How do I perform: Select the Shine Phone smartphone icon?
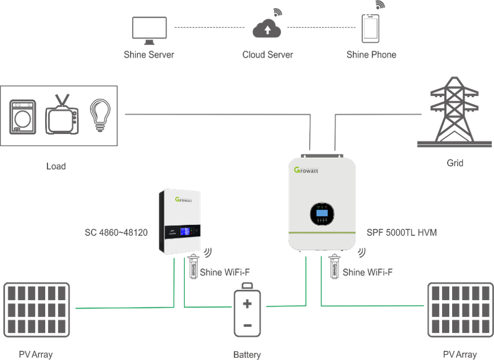[371, 28]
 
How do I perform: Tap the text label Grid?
[455, 163]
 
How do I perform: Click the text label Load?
[55, 167]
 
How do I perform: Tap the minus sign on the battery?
[248, 326]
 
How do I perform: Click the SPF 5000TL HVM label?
[401, 232]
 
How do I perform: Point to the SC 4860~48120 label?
[116, 232]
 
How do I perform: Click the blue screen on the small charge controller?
[185, 231]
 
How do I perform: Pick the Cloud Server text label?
[267, 55]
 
